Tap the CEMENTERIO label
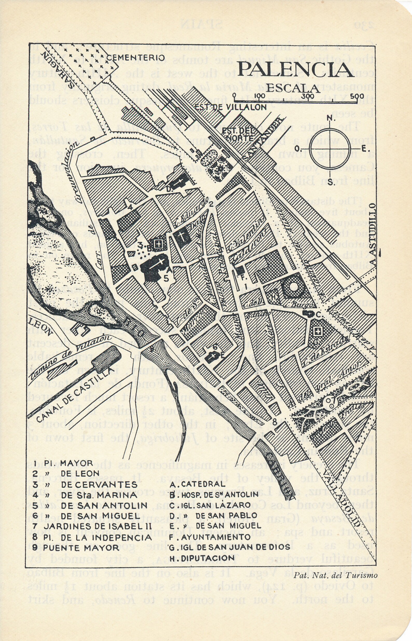tap(136, 58)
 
